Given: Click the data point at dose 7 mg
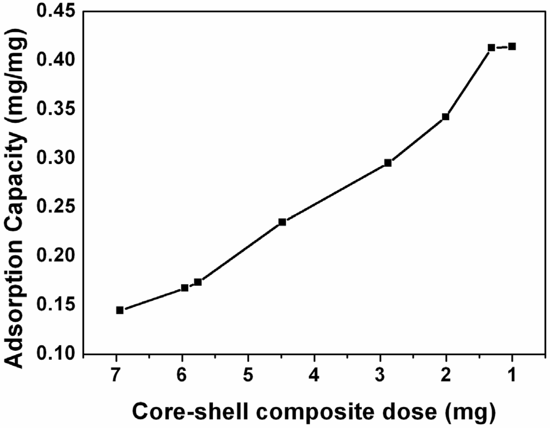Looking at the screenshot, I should (x=120, y=310).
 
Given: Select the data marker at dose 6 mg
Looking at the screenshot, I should (x=185, y=288).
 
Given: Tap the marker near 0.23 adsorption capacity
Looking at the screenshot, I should (x=282, y=222).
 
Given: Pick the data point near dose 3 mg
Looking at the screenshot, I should (x=388, y=163).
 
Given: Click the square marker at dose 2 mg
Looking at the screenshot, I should (x=445, y=117).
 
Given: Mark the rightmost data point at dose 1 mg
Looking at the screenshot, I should (x=512, y=47).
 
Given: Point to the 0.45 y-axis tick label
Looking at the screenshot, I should (x=56, y=12).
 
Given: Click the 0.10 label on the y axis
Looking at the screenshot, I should (x=56, y=353).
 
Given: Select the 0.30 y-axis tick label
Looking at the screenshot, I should (x=56, y=158).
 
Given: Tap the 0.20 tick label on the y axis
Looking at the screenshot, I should (x=56, y=256).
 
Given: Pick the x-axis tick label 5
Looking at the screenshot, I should (x=248, y=375).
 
